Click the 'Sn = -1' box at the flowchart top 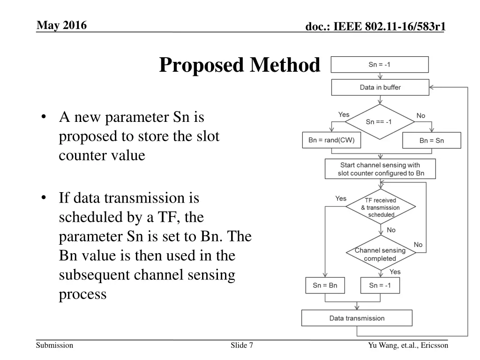(380, 65)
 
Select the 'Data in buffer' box (380, 87)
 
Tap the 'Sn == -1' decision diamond (380, 122)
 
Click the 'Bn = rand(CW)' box (331, 140)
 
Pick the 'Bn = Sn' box (431, 141)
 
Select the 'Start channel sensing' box (380, 169)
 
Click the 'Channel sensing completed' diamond (380, 254)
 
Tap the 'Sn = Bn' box (325, 285)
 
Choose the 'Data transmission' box (357, 318)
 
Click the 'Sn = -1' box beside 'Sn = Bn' (380, 285)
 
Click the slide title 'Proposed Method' (240, 65)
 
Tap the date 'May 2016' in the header (61, 25)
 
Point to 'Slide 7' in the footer (242, 345)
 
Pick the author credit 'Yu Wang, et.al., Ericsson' (408, 345)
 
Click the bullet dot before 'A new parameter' (44, 117)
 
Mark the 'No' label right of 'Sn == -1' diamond (421, 116)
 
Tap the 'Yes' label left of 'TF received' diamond (341, 199)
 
